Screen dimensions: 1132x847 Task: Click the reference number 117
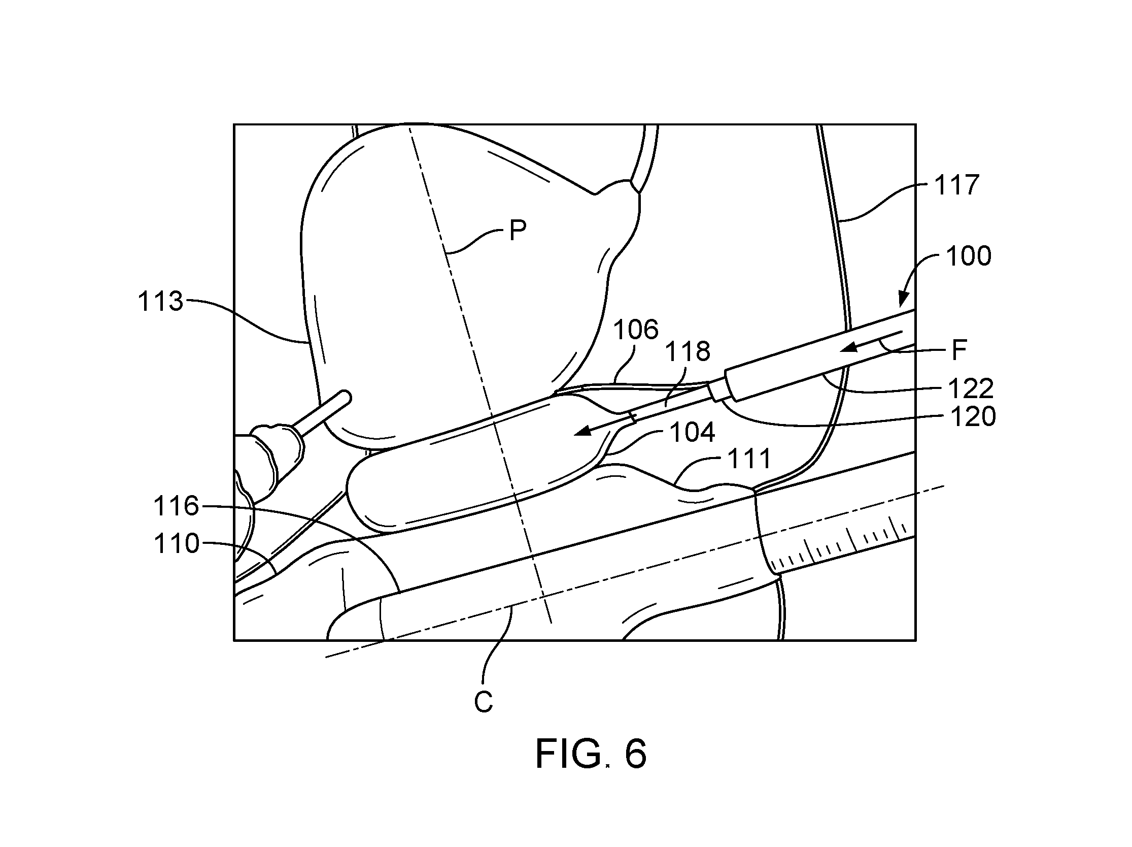pyautogui.click(x=956, y=185)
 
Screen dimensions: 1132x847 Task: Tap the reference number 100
pyautogui.click(x=968, y=256)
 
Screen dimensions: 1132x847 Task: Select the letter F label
pyautogui.click(x=959, y=350)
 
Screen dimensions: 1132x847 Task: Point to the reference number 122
pyautogui.click(x=971, y=388)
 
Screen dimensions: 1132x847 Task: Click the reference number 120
pyautogui.click(x=973, y=417)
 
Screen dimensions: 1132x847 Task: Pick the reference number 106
pyautogui.click(x=636, y=329)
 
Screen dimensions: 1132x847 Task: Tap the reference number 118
pyautogui.click(x=688, y=352)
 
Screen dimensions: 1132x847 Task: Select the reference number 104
pyautogui.click(x=692, y=433)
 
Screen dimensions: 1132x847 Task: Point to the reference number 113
pyautogui.click(x=160, y=301)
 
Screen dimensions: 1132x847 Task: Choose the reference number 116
pyautogui.click(x=176, y=506)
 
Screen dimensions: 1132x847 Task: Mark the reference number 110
pyautogui.click(x=177, y=543)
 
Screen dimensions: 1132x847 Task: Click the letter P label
pyautogui.click(x=518, y=231)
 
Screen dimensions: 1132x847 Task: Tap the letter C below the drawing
pyautogui.click(x=484, y=702)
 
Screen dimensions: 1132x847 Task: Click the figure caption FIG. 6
pyautogui.click(x=591, y=754)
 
